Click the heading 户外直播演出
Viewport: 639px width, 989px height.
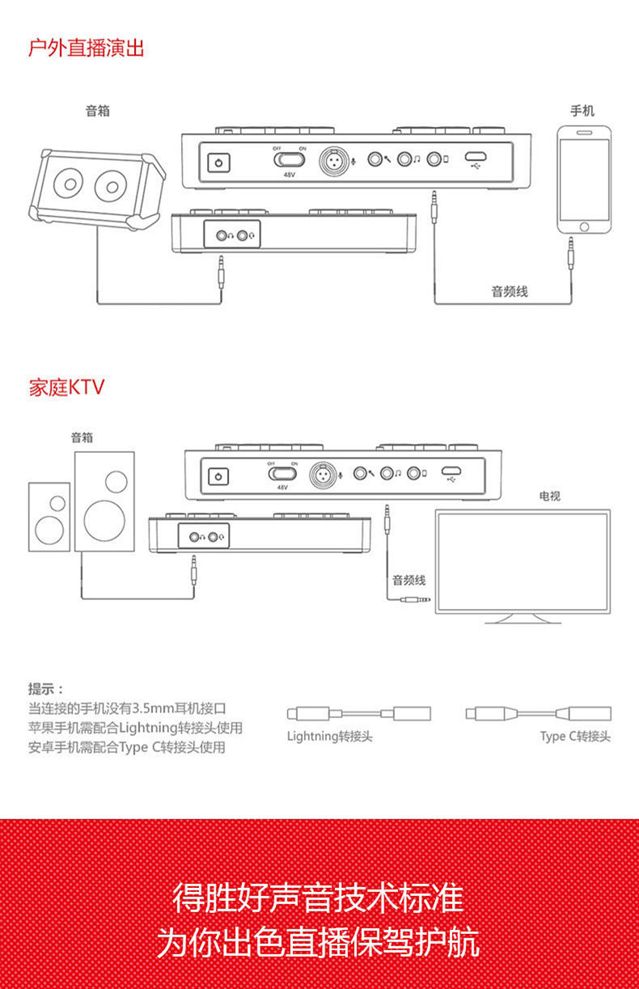(86, 48)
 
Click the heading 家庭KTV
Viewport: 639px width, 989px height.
(66, 387)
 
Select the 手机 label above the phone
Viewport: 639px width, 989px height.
(582, 111)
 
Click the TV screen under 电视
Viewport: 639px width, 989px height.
(522, 561)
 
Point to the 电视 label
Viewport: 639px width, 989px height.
(549, 496)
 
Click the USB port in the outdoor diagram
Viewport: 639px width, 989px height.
(476, 159)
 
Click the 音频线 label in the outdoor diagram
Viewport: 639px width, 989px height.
(510, 291)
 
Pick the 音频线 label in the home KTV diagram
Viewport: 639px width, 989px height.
(408, 580)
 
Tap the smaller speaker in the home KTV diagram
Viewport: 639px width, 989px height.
(49, 518)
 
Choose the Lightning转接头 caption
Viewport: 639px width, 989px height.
(330, 737)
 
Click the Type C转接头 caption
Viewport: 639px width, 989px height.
(575, 737)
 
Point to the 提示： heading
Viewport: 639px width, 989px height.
(45, 689)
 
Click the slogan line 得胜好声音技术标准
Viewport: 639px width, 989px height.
(319, 898)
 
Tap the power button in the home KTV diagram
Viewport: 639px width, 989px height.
(217, 477)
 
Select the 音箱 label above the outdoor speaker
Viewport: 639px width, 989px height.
(98, 111)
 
